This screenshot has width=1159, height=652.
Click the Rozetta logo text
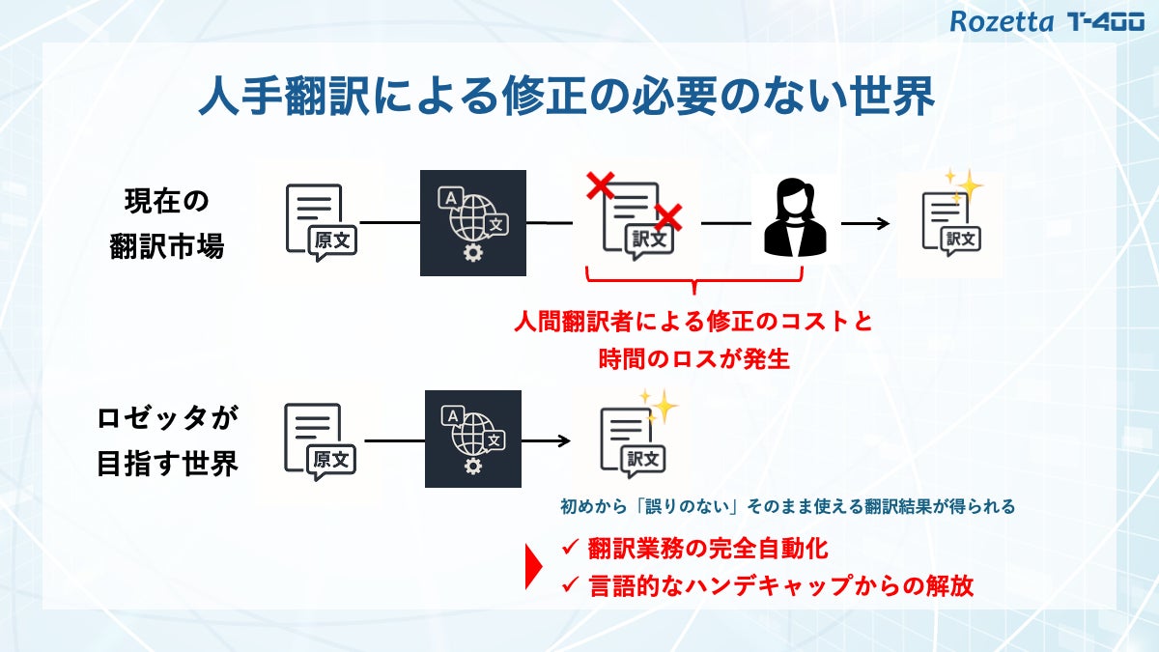pos(1002,21)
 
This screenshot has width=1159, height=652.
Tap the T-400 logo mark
pos(1106,21)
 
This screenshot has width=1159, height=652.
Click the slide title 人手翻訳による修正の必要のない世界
pos(566,97)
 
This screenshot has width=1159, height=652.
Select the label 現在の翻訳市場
pos(167,224)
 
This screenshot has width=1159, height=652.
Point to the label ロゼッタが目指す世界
pos(167,441)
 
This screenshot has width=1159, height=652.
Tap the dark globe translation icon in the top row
pos(472,223)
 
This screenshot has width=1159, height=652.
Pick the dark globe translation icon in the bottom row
pos(472,439)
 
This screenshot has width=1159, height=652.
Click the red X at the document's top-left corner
pos(601,183)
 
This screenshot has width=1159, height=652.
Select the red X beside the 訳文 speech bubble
pos(667,217)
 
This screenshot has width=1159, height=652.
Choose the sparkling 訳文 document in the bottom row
pos(636,436)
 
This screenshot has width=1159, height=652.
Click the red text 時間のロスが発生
pos(694,359)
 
